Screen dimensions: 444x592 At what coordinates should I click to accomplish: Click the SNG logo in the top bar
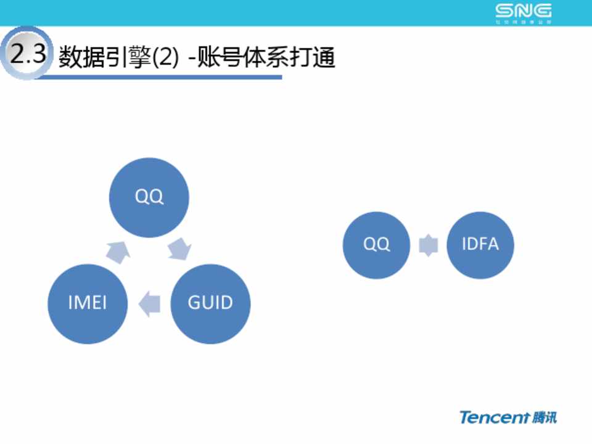[x=524, y=10]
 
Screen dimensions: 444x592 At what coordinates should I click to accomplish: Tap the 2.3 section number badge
[x=27, y=55]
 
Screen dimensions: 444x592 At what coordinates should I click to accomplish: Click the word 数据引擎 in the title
[x=105, y=59]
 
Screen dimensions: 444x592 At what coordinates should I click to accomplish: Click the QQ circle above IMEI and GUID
[x=149, y=197]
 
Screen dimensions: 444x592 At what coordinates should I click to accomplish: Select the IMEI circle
[x=88, y=303]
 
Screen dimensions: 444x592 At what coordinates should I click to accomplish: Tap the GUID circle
[x=210, y=303]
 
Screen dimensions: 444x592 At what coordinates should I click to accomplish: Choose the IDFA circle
[x=480, y=245]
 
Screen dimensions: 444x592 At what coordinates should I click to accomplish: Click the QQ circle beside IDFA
[x=376, y=245]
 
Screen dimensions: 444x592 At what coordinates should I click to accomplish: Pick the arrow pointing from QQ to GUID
[x=180, y=250]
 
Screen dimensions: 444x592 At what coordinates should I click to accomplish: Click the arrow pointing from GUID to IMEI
[x=150, y=303]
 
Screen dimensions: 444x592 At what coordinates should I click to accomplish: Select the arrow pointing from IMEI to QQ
[x=118, y=250]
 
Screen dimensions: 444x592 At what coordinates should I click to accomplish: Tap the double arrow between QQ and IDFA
[x=429, y=245]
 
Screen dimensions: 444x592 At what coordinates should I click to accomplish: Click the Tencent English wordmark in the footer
[x=495, y=417]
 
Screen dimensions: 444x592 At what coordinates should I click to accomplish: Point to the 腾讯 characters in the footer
[x=545, y=417]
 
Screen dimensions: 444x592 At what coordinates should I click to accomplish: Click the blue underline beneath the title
[x=160, y=77]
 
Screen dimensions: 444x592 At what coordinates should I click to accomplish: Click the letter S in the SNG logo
[x=505, y=10]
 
